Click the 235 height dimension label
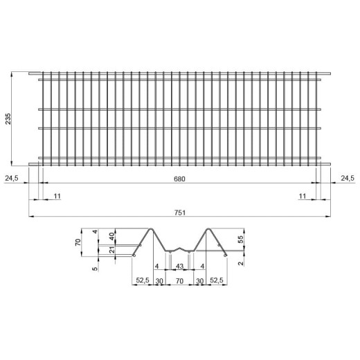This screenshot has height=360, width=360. (8, 119)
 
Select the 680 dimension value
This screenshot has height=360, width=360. (179, 179)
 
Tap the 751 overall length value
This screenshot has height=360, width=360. (180, 213)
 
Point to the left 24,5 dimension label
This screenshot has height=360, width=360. (12, 178)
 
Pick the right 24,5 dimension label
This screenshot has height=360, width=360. (348, 178)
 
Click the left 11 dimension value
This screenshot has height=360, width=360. (57, 196)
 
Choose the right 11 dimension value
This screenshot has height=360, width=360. (303, 196)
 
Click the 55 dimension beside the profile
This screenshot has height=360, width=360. (240, 239)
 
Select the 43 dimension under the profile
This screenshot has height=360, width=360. (179, 266)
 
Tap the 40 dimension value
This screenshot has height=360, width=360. (111, 236)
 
